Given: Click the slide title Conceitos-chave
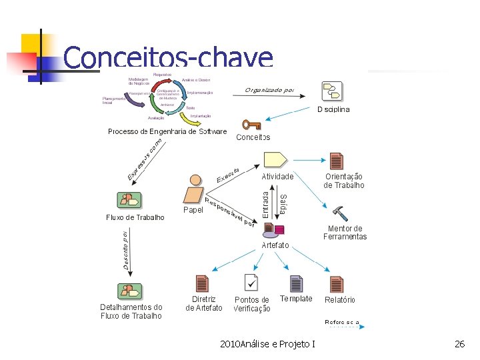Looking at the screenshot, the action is click(168, 58).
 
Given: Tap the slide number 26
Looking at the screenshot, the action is click(459, 344).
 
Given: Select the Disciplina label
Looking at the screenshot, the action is click(333, 109).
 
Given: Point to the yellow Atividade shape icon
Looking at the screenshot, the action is click(275, 160).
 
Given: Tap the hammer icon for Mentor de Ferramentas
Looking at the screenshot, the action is click(339, 213).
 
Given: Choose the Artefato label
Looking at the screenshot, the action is click(275, 245).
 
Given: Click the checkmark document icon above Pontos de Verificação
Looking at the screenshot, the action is click(251, 283).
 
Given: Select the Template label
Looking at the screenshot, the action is click(296, 299).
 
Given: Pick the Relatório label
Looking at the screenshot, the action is click(340, 300).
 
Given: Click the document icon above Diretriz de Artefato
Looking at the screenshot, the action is click(202, 283).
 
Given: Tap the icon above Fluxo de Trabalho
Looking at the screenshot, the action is click(129, 200).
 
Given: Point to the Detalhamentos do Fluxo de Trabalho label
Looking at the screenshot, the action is click(131, 311).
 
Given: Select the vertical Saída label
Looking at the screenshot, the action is click(283, 203).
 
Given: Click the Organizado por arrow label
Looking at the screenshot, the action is click(269, 90).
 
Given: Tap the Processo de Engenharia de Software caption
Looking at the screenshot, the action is click(167, 131).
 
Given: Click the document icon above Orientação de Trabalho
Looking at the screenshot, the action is click(337, 161).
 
